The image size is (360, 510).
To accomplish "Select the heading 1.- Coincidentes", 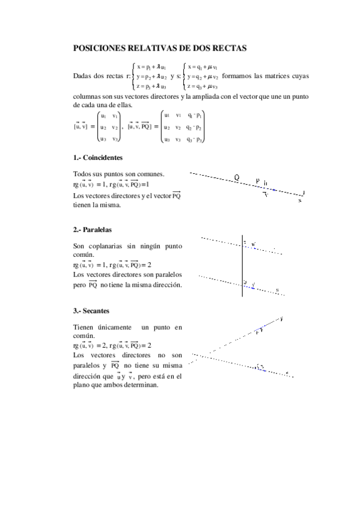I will coord(97,158).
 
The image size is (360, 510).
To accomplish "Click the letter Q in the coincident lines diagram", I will coord(237,177).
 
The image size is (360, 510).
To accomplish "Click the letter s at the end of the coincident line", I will coord(299,201).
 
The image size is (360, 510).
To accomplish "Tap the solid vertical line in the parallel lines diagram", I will coord(242,265).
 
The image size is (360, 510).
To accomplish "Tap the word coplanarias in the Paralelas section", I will coord(107,246).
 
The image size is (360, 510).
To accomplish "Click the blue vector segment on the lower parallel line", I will coord(249,286).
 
